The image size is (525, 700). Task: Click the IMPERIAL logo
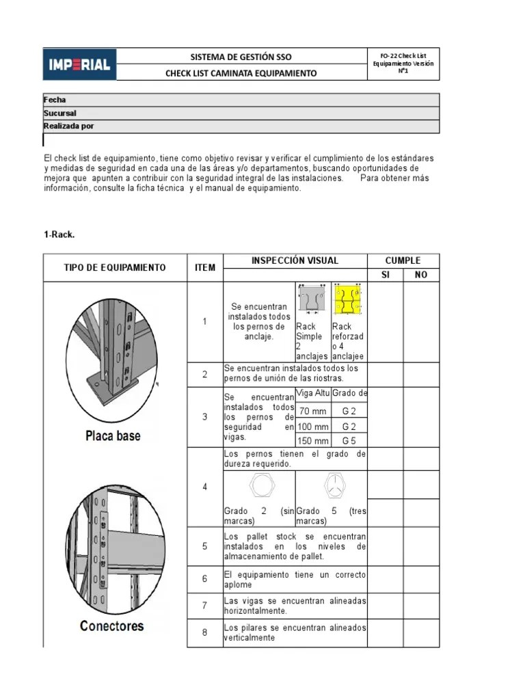80,64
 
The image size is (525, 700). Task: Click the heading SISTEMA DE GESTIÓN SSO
241,57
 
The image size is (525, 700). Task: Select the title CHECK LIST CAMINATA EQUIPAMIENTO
241,73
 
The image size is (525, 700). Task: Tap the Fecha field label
55,100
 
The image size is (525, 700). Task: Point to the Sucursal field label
60,113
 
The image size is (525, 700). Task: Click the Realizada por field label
69,126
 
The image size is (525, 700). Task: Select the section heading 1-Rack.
59,234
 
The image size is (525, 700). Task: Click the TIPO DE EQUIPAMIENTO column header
115,267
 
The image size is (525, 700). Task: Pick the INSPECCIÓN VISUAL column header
295,260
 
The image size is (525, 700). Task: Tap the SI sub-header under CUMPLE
385,275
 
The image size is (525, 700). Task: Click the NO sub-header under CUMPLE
421,275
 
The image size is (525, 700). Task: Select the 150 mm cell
313,441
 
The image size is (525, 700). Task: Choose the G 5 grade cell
349,441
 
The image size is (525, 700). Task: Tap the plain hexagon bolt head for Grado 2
260,486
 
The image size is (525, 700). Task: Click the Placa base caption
113,435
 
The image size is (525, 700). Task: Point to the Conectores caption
112,625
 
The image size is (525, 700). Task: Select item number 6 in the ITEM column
204,579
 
